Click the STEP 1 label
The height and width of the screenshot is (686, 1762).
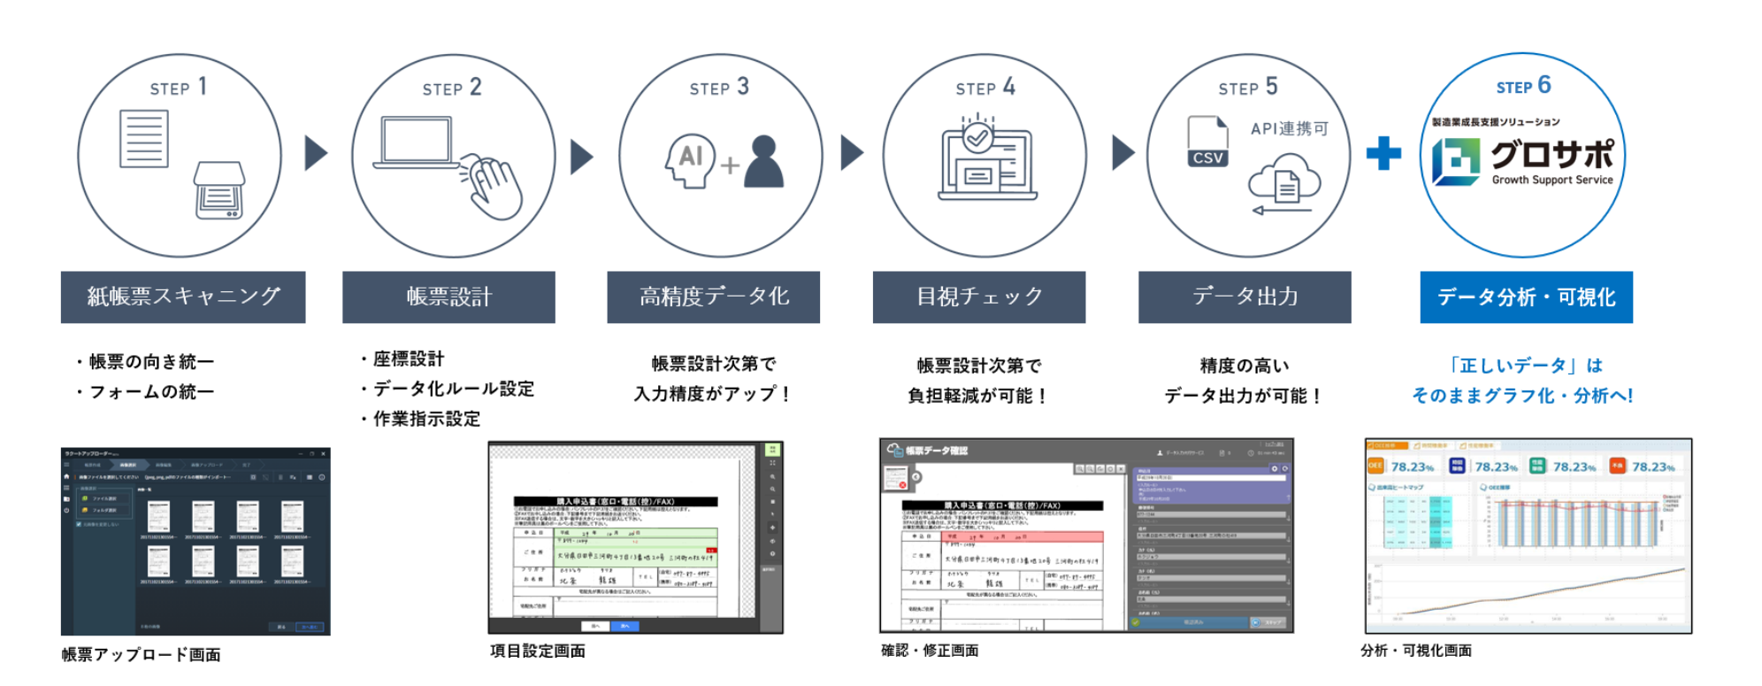click(x=179, y=87)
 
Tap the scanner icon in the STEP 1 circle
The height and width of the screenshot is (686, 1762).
click(x=218, y=189)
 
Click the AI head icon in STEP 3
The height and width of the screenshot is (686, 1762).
click(x=689, y=160)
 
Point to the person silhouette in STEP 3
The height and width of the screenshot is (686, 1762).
click(x=763, y=161)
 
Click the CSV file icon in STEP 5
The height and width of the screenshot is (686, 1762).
click(x=1207, y=142)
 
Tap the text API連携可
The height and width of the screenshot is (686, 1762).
click(x=1289, y=129)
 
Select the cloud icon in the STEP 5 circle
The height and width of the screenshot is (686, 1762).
click(x=1284, y=180)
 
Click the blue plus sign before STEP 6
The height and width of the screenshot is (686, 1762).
click(x=1383, y=153)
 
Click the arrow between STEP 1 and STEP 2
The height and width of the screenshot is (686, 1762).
click(x=316, y=153)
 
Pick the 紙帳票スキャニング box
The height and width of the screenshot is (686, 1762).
click(x=183, y=297)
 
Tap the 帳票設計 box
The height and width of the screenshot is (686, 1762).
click(x=448, y=297)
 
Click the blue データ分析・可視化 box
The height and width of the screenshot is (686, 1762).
click(x=1526, y=297)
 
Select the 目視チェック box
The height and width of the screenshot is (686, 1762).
click(x=978, y=297)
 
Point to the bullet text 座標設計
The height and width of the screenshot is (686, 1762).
click(x=408, y=358)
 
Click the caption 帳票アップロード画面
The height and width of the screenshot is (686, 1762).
click(x=142, y=654)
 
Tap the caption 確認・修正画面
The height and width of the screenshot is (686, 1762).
click(x=930, y=651)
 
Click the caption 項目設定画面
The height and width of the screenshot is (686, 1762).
click(x=538, y=651)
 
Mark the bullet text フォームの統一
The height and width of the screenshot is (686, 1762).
click(x=151, y=391)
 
